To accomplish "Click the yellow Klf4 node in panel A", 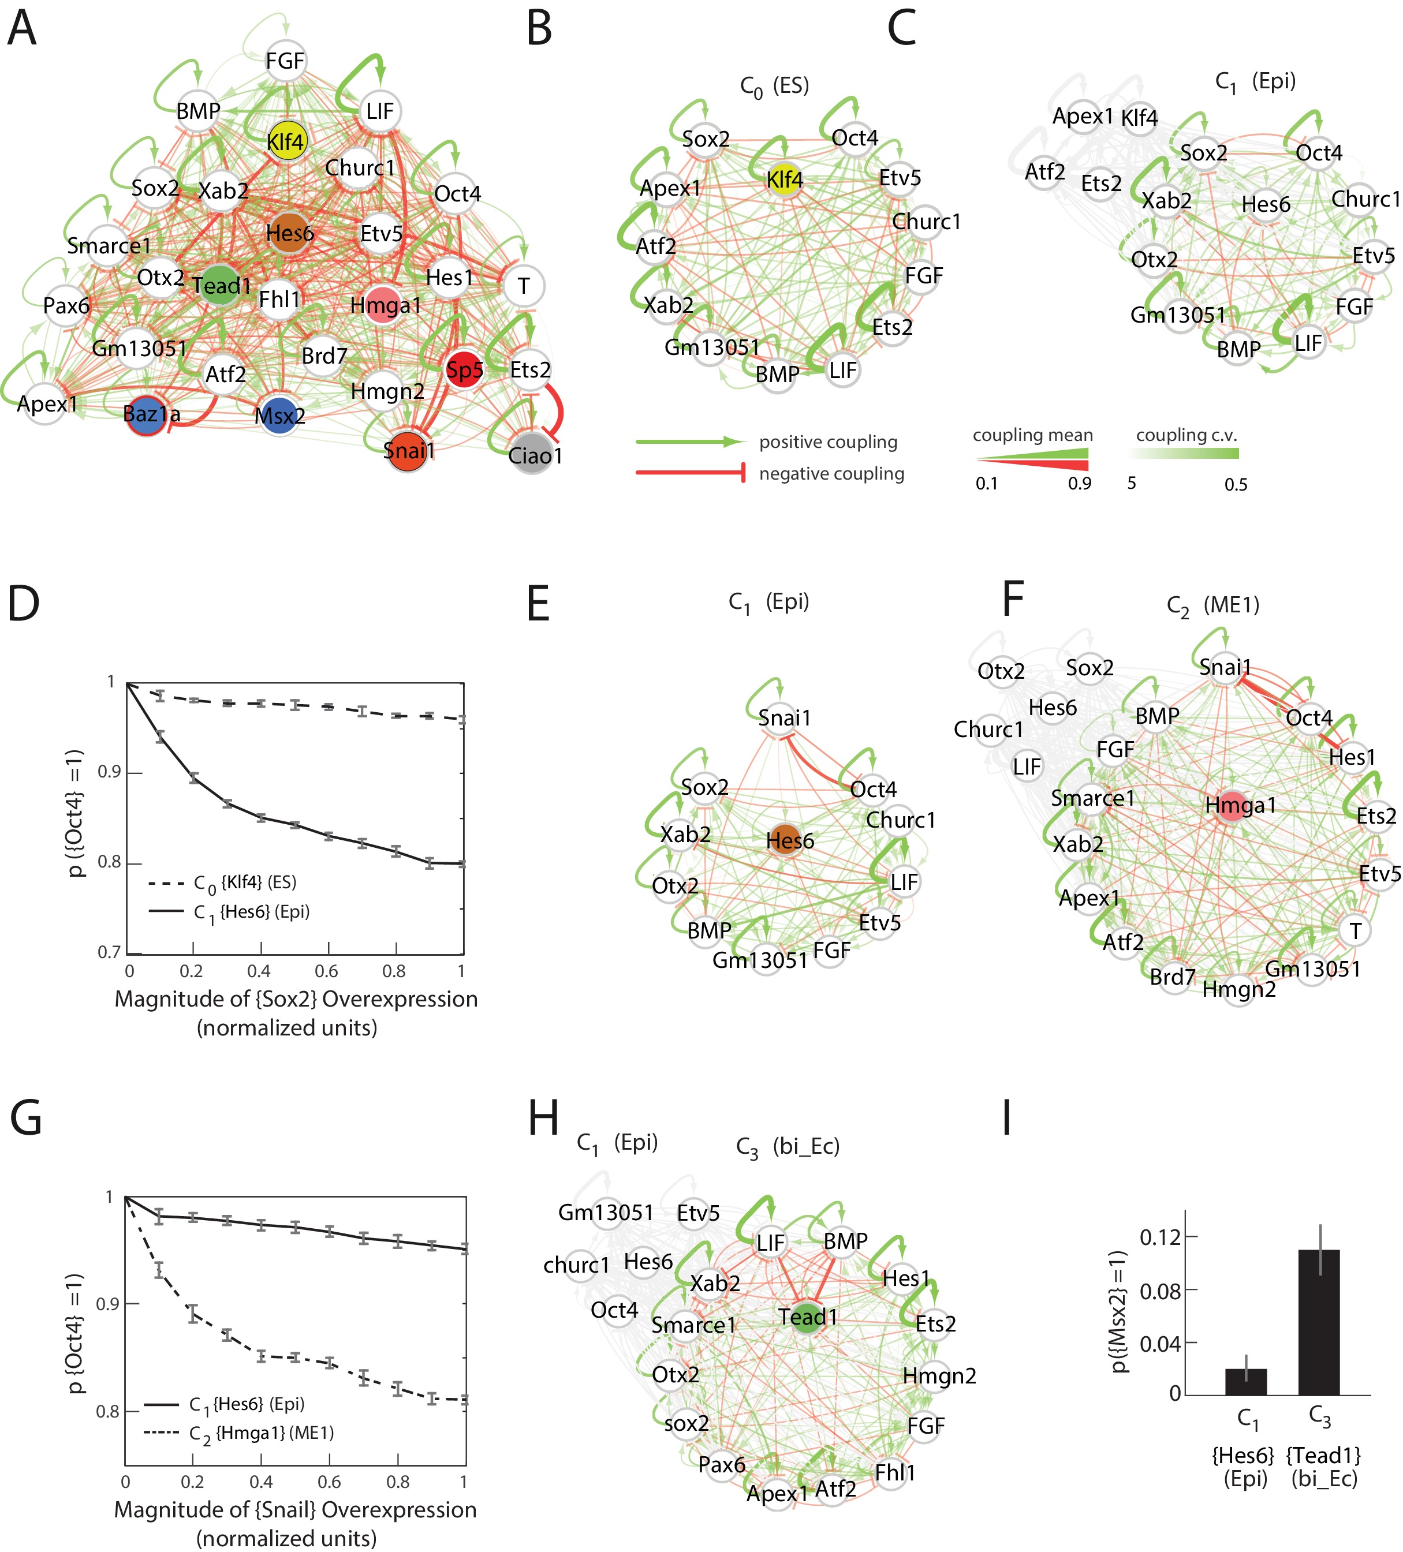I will coord(286,141).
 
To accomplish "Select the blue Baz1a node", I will coord(148,415).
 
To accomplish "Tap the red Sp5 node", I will coord(464,371).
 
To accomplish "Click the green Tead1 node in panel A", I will coord(222,285).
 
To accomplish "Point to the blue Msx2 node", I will coord(279,416).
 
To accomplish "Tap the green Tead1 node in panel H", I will coord(805,1317).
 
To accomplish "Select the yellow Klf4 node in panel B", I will coord(784,180).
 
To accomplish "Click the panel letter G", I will coord(26,1119).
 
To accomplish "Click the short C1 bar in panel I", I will coord(1245,1382).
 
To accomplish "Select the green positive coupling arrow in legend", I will coord(690,442).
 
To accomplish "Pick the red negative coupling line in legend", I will coord(690,473).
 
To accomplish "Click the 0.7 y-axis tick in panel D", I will coord(109,952).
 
